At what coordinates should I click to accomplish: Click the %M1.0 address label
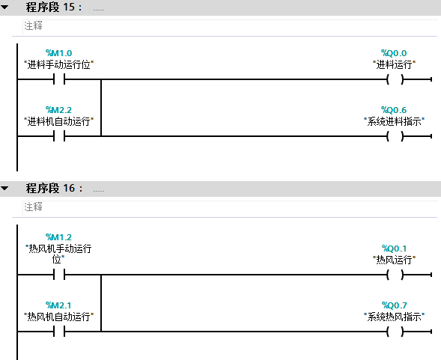coord(59,53)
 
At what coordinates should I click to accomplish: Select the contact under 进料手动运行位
coord(59,79)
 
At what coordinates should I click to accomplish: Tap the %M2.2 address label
coord(59,110)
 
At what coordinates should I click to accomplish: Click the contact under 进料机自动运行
coord(59,136)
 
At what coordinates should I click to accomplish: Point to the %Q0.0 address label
coord(394,53)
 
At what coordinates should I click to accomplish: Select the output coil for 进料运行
coord(395,79)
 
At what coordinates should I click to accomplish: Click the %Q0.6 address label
coord(394,110)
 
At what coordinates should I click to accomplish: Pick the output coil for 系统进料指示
coord(395,136)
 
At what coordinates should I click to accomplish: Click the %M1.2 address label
coord(59,237)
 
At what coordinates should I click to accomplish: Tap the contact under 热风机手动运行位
coord(59,275)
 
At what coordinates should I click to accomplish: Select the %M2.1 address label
coord(59,305)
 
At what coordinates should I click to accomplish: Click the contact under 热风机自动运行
coord(59,332)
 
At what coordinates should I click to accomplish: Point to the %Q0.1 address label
coord(394,248)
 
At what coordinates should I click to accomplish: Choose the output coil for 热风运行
coord(395,275)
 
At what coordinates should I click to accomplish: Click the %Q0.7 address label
coord(394,305)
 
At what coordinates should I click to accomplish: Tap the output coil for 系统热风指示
coord(395,332)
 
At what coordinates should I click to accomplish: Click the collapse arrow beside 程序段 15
coord(4,7)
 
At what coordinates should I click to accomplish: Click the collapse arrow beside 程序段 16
coord(4,188)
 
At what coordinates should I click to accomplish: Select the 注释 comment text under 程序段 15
coord(33,26)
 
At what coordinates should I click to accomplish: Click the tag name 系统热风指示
coord(394,317)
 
